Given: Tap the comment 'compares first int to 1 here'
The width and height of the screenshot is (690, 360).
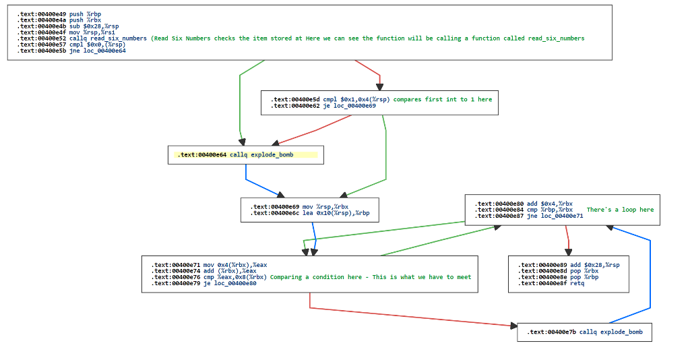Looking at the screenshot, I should pyautogui.click(x=442, y=99).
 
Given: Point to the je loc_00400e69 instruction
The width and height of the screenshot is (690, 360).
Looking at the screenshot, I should pyautogui.click(x=323, y=106).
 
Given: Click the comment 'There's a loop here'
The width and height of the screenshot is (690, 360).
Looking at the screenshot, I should pyautogui.click(x=620, y=210).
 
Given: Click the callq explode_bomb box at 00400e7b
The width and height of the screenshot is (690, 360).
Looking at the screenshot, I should pyautogui.click(x=584, y=332).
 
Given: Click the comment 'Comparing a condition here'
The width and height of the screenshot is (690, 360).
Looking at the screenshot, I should pyautogui.click(x=319, y=277).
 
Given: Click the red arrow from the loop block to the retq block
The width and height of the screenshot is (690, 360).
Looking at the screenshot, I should pyautogui.click(x=567, y=239).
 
